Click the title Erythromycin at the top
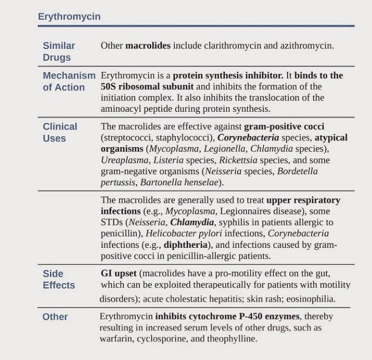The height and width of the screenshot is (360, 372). coord(69,17)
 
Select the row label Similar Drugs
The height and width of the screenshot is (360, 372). coord(59,52)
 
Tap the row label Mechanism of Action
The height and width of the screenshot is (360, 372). coord(69,81)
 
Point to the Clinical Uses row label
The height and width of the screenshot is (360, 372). coord(60,132)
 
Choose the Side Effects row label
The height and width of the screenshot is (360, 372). coord(59,279)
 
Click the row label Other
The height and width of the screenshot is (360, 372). coord(55,316)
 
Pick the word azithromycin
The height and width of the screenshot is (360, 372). coord(307,46)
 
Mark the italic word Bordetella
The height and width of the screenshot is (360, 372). coord(297,171)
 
